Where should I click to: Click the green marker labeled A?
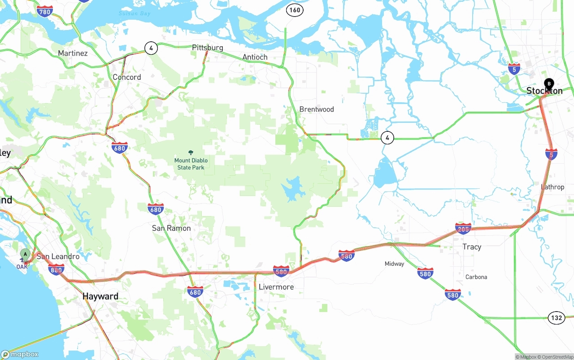(25, 254)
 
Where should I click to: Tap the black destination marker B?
(549, 84)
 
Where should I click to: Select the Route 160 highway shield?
(295, 10)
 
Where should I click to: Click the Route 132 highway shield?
(556, 318)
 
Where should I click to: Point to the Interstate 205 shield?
(463, 229)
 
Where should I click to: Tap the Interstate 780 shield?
(45, 12)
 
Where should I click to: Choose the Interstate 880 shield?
(56, 269)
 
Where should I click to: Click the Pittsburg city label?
(207, 48)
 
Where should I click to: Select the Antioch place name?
(255, 57)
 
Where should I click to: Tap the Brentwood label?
(317, 109)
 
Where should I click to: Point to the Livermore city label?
(276, 287)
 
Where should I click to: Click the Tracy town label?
(472, 247)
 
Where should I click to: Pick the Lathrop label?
(552, 187)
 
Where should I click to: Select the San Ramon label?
(171, 228)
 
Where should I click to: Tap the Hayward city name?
(100, 296)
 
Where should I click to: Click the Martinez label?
(73, 53)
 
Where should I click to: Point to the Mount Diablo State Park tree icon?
(191, 153)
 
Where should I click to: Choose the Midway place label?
(394, 264)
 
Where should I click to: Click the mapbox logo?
(20, 354)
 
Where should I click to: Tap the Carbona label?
(476, 277)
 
